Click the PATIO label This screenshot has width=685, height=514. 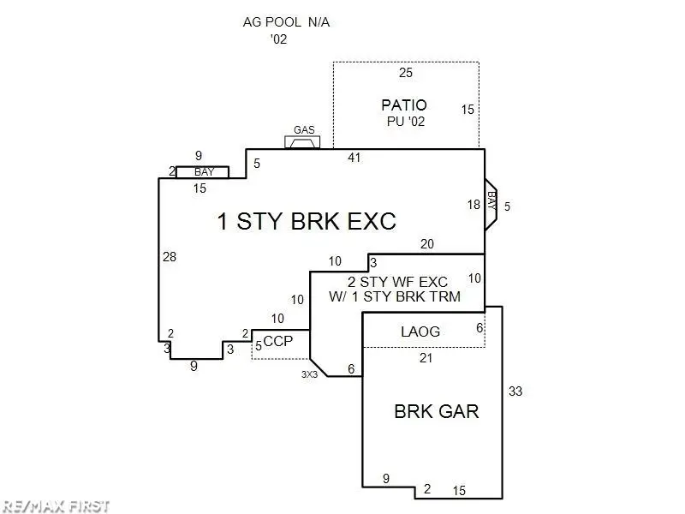pos(403,105)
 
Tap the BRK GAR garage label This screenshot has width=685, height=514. pos(437,411)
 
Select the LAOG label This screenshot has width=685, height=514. pos(420,332)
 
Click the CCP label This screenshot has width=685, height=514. pos(278,341)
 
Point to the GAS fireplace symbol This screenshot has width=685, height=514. pos(302,142)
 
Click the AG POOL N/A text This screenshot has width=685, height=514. pos(286,22)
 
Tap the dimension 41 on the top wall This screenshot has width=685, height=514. pos(354,158)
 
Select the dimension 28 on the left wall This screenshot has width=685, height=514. pos(170,256)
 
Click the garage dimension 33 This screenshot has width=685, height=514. pos(515,391)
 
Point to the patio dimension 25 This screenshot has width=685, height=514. pos(406,73)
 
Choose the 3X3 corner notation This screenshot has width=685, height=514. pos(309,374)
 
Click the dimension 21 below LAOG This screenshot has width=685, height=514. pos(426,358)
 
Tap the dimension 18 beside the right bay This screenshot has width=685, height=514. pos(474,204)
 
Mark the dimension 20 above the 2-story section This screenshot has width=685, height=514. pos(426,244)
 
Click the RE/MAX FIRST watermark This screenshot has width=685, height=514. pos(56,506)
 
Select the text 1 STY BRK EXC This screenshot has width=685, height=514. pos(307,221)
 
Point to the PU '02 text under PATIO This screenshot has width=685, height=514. pos(406,121)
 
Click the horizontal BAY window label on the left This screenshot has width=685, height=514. pos(204,172)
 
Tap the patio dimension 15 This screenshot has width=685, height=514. pos(468,110)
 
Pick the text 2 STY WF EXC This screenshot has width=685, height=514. pos(397,282)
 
